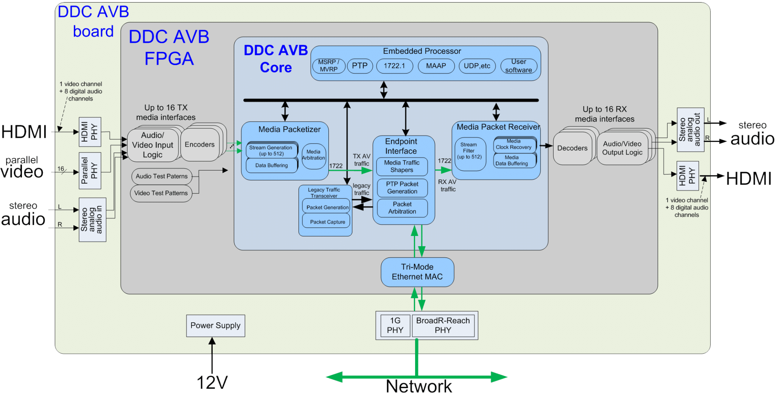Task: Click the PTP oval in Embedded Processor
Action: (x=359, y=66)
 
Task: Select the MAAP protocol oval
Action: (x=436, y=66)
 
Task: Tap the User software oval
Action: (x=518, y=66)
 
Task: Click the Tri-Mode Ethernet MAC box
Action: (x=417, y=272)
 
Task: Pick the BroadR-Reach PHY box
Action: (x=443, y=325)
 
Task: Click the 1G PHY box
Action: (x=395, y=325)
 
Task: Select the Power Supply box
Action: (x=215, y=326)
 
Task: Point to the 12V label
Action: (x=212, y=382)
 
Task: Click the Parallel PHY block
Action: (x=90, y=171)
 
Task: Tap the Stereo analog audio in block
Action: (x=92, y=220)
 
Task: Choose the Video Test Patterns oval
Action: (x=161, y=193)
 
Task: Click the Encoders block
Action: (x=199, y=145)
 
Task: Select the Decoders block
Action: (x=572, y=148)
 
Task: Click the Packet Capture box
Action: (x=327, y=222)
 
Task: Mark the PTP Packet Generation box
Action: (x=402, y=188)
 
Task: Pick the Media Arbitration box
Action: (x=313, y=155)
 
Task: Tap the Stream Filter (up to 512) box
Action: (x=469, y=151)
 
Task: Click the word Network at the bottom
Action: (x=419, y=387)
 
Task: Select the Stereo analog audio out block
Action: (x=690, y=130)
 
